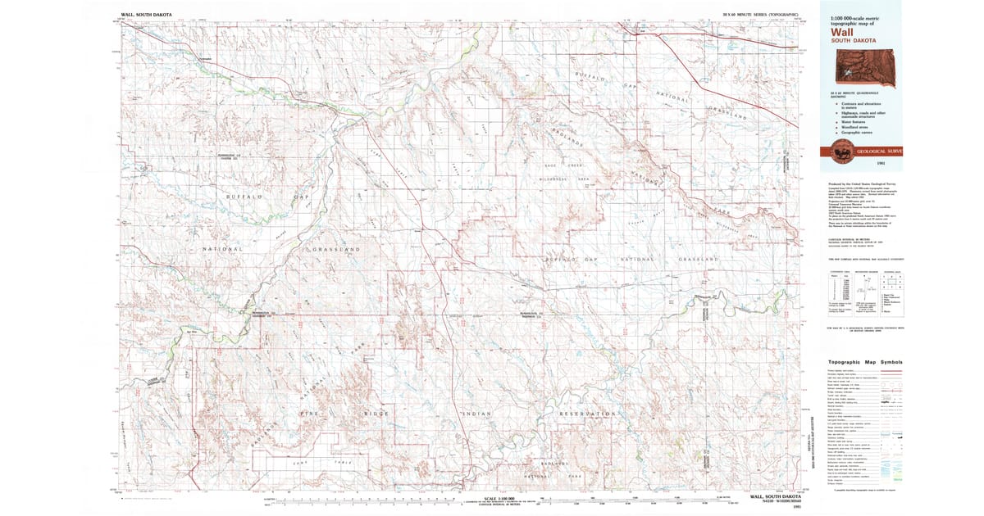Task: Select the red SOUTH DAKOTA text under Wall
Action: [x=853, y=40]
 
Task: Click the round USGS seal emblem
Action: [x=840, y=151]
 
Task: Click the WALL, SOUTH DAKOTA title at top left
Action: [x=146, y=15]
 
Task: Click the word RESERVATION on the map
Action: [x=586, y=414]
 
